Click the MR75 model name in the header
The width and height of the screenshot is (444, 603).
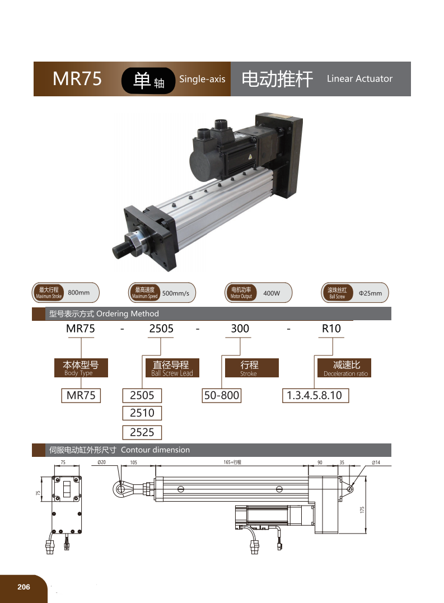point(77,78)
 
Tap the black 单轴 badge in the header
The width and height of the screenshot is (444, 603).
point(148,81)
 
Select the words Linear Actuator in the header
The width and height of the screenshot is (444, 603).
point(359,78)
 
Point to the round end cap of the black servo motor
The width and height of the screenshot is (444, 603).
point(204,163)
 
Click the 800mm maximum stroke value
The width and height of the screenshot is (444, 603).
point(79,293)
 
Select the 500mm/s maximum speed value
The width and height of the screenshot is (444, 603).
point(176,293)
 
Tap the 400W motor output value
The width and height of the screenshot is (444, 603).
point(272,293)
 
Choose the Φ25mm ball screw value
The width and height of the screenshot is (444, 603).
point(370,293)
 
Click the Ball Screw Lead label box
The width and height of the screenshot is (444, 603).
point(172,368)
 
